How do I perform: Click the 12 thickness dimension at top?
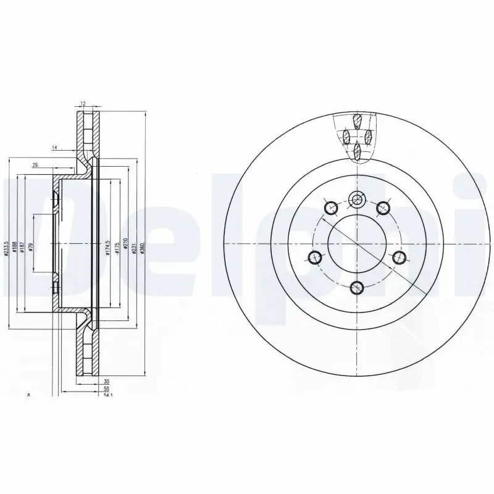[82, 104]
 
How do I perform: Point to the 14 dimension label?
[54, 148]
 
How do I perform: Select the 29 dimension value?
[35, 164]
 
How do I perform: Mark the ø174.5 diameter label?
[107, 247]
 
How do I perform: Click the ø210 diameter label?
[125, 245]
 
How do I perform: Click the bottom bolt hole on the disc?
[356, 287]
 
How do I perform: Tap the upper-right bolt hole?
[383, 207]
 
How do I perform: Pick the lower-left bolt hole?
[315, 257]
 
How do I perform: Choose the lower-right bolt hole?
[398, 257]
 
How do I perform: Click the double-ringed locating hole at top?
[356, 199]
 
